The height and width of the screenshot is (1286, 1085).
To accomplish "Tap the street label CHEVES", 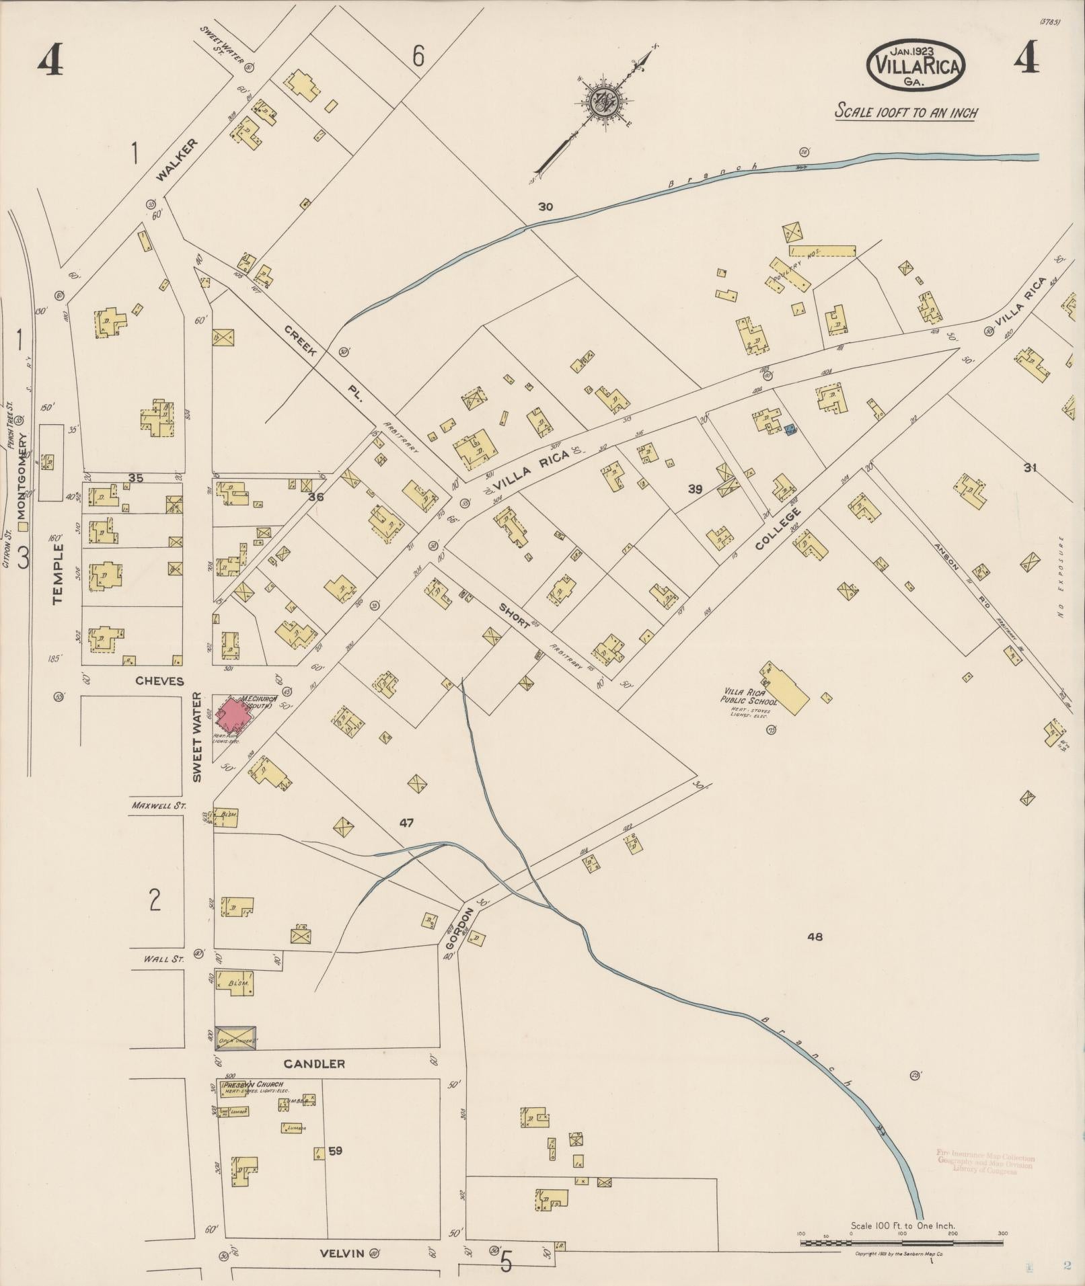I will coord(159,681).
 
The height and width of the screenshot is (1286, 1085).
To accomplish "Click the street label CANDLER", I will coord(314,1063).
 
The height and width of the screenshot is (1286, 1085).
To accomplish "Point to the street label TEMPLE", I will coord(58,573).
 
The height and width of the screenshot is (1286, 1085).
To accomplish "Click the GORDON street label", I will coord(459,928).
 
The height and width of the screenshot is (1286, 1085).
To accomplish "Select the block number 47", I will coord(406,823).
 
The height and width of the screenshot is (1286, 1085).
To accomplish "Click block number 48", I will coord(815,936).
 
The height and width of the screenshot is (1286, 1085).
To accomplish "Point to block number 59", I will coord(335,1151).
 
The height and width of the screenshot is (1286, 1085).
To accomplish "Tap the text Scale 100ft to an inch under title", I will coord(906,112).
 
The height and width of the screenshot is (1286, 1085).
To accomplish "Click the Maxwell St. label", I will coord(159,805).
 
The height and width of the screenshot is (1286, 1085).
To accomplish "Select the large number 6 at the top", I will coord(418,57).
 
